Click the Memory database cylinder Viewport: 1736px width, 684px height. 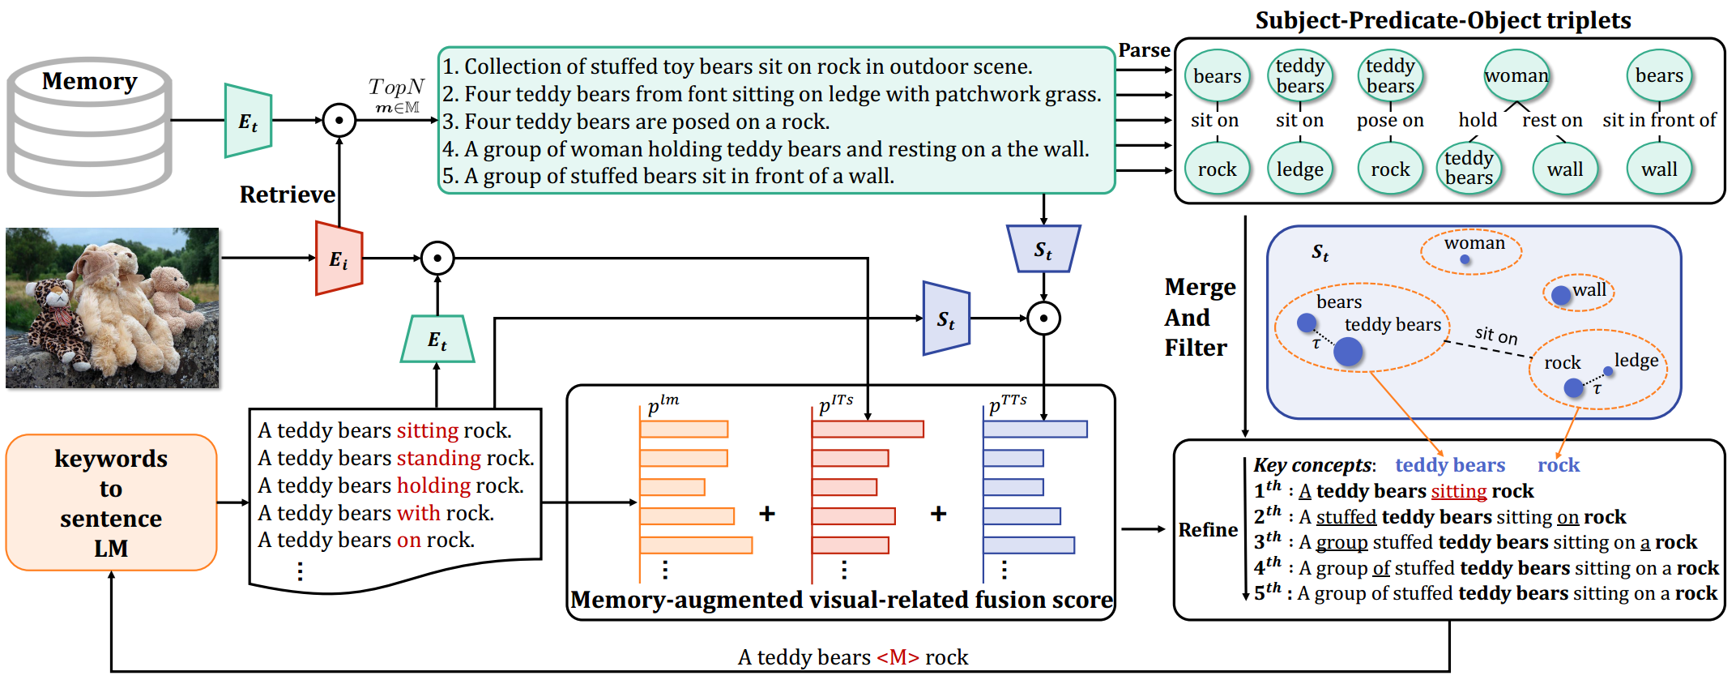[89, 126]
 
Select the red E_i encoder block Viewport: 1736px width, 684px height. [339, 259]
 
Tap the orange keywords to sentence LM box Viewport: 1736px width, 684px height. [111, 502]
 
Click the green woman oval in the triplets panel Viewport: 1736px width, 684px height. [1516, 76]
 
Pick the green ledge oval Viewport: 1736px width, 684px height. [1299, 169]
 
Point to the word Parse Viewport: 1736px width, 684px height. [1144, 50]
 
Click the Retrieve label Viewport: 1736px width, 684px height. [287, 195]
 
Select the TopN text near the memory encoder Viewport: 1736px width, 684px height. [396, 87]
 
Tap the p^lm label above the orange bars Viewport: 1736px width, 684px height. [663, 404]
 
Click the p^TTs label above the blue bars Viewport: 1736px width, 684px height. [1007, 404]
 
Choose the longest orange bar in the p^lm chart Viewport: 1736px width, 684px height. [696, 545]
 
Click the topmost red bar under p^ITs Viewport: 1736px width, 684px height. [868, 429]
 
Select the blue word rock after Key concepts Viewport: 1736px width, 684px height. [1558, 465]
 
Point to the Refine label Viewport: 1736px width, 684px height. [1207, 530]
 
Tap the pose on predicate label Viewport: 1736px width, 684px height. [1390, 121]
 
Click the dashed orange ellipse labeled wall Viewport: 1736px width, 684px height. [1578, 292]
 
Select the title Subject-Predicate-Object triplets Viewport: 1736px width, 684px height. [1443, 20]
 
